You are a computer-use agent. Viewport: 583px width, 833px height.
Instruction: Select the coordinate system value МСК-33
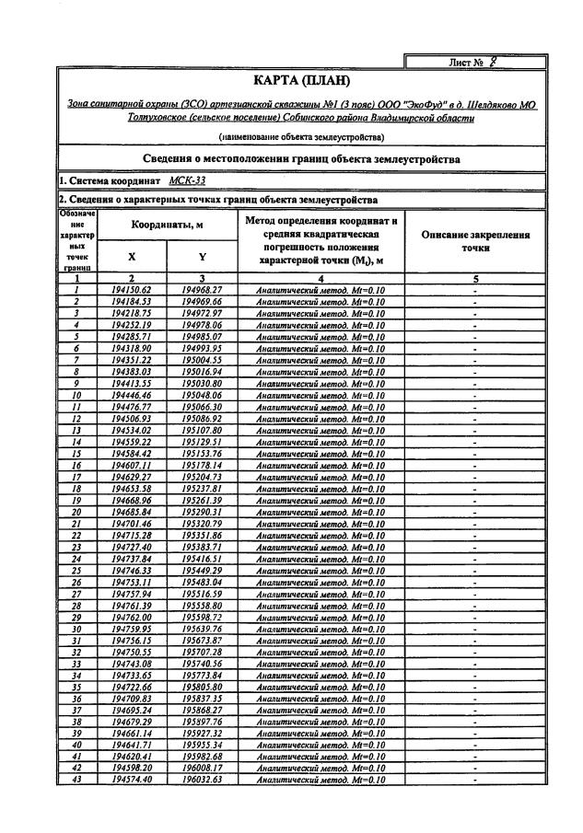coord(187,180)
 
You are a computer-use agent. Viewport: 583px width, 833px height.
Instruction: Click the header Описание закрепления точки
coord(474,241)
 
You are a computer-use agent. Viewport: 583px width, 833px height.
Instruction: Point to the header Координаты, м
coord(167,224)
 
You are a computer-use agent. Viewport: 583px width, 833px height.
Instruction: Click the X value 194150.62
coord(131,290)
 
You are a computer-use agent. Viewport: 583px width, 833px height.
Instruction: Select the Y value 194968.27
coord(203,290)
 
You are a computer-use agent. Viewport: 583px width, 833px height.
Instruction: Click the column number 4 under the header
coord(321,278)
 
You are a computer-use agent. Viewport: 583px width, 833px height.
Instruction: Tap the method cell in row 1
coord(321,290)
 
